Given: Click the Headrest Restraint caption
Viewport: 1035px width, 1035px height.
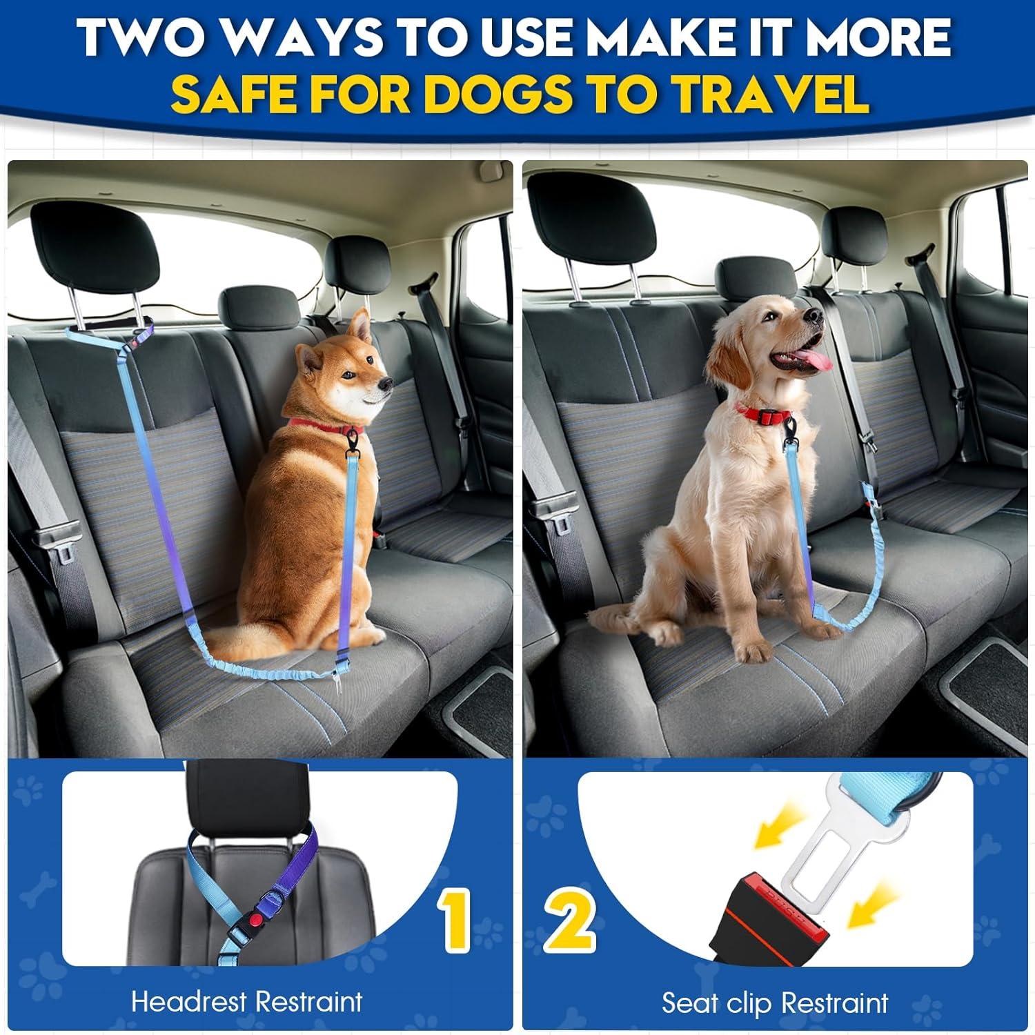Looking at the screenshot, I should click(x=246, y=1001).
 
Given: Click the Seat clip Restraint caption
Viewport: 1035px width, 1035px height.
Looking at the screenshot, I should click(x=774, y=1003).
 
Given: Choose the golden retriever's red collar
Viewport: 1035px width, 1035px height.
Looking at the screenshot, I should click(x=766, y=414).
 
